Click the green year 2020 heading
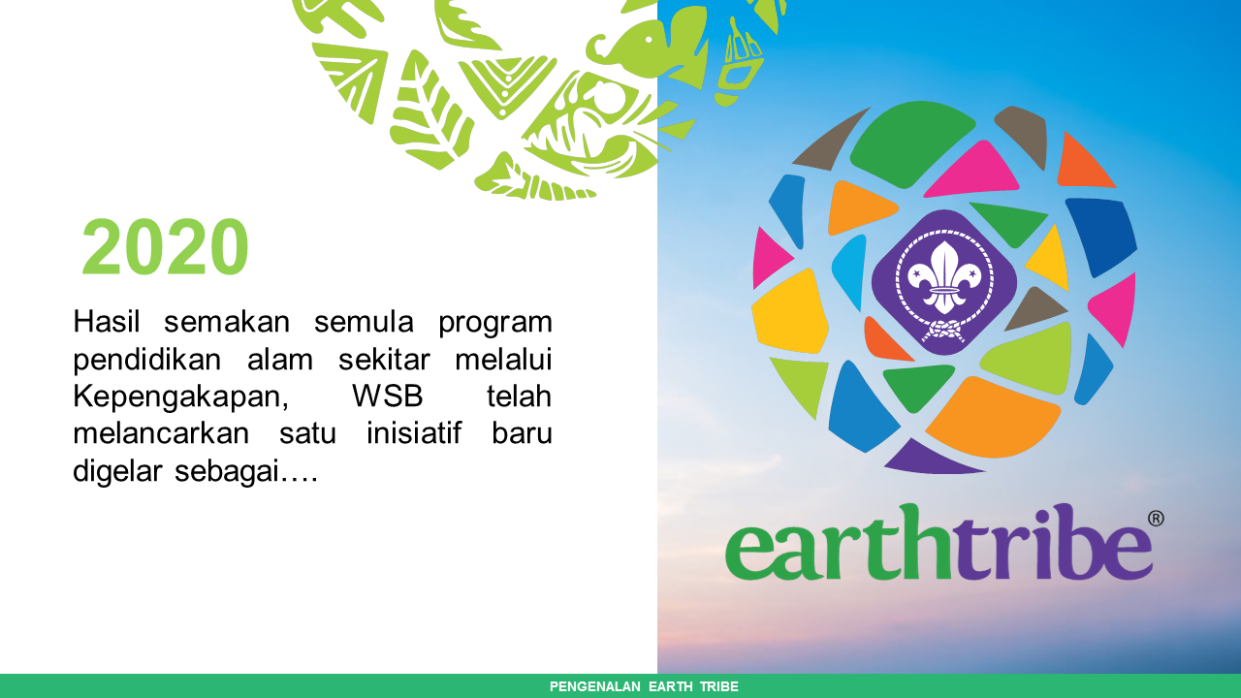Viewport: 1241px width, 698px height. pos(165,248)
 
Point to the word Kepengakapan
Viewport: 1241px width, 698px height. pos(181,397)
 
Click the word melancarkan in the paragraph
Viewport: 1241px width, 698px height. pos(162,433)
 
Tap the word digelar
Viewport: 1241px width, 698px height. pos(118,471)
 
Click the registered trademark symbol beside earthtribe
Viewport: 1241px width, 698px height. pos(1156,519)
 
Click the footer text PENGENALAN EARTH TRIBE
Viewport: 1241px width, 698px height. pos(644,686)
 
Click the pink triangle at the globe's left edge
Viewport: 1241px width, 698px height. pos(771,257)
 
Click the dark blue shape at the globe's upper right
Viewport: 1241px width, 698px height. pos(1100,233)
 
